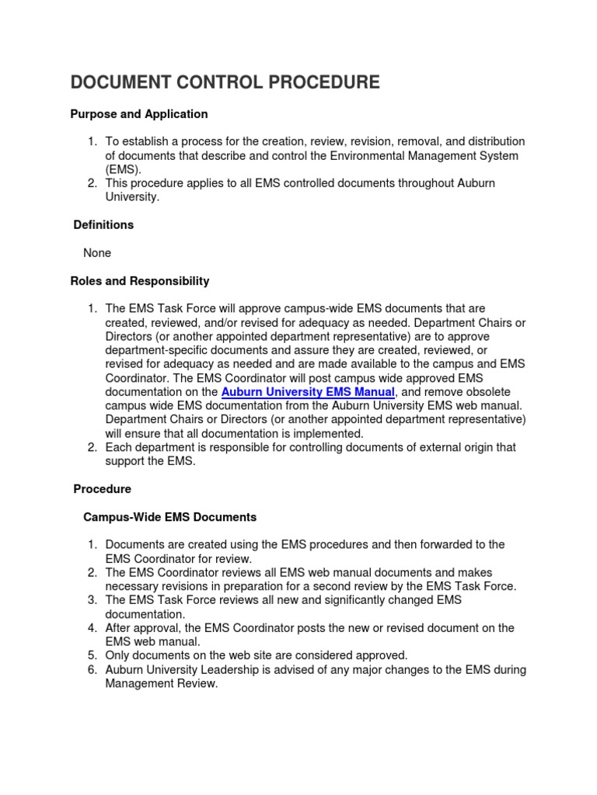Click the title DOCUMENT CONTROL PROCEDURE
pos(225,82)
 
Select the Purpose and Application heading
pos(139,114)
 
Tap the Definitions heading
pos(103,225)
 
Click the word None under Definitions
pos(97,253)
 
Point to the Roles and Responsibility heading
pos(140,281)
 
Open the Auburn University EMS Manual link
pos(308,393)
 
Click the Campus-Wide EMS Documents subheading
pos(169,517)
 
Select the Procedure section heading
pos(103,489)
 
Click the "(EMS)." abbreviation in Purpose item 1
pos(124,169)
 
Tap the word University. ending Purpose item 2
pos(132,197)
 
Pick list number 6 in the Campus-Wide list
pos(92,669)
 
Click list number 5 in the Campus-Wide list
pos(92,655)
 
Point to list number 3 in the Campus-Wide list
pos(92,600)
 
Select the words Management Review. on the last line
pos(162,683)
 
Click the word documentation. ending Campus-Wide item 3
pos(145,614)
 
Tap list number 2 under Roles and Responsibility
pos(92,447)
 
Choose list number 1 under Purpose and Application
pos(92,141)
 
